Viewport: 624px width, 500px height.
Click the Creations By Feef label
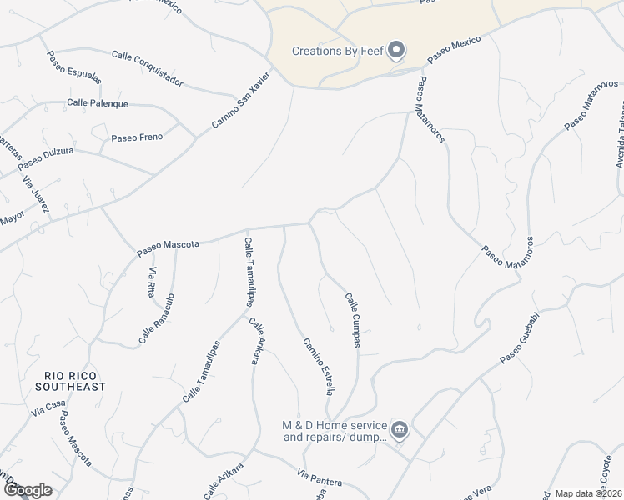coord(337,51)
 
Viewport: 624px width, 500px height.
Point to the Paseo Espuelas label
coord(74,66)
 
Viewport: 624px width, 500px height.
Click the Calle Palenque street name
coord(98,103)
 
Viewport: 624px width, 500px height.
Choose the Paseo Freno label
coord(136,137)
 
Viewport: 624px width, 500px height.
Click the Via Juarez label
coord(37,196)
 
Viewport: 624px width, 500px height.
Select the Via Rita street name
coord(153,282)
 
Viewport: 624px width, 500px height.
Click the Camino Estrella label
coord(320,365)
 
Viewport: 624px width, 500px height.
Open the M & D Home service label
coord(335,430)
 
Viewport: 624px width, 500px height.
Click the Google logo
coord(27,490)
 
